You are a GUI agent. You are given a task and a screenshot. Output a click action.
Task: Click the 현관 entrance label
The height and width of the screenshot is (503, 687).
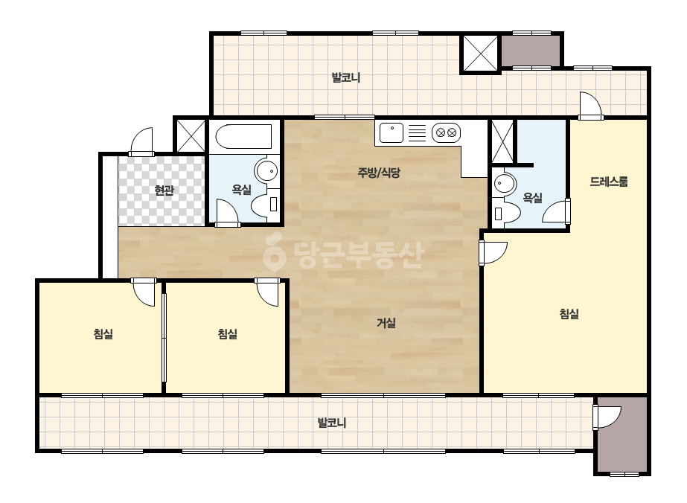(164, 190)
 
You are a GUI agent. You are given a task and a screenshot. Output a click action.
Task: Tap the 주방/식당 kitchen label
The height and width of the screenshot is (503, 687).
(379, 173)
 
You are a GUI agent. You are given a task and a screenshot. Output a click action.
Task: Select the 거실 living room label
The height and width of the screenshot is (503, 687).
(386, 324)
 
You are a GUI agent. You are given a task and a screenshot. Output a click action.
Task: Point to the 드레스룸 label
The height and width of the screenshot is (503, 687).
(609, 182)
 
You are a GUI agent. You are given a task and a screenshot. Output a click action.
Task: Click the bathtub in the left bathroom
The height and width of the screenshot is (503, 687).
(243, 136)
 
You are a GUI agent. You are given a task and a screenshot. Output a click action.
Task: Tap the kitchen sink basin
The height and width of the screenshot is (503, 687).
(392, 133)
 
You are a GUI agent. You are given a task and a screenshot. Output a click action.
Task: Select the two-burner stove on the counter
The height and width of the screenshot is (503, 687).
(446, 132)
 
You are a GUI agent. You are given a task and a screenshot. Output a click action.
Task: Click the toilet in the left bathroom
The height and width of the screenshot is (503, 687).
(266, 204)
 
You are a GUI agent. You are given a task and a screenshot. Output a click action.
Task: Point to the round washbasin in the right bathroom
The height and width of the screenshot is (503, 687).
(505, 184)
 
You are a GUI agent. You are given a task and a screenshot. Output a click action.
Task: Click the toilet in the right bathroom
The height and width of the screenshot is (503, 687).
(506, 214)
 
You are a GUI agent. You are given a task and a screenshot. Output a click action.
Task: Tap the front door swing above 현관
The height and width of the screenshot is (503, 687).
(141, 141)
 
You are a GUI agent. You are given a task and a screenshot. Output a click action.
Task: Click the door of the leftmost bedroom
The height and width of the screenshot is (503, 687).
(143, 292)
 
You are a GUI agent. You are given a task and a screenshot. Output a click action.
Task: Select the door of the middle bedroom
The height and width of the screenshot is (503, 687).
(266, 292)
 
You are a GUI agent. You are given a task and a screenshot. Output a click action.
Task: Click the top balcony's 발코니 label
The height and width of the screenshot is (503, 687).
(345, 78)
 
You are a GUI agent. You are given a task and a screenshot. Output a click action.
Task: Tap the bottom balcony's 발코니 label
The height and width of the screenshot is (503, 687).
(332, 423)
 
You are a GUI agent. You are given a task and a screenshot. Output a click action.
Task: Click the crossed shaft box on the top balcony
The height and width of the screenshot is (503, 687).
(480, 53)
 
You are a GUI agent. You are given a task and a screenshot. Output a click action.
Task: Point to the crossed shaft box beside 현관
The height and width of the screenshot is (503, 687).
(191, 135)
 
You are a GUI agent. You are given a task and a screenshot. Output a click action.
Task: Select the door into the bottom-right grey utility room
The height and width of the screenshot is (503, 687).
(607, 417)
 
